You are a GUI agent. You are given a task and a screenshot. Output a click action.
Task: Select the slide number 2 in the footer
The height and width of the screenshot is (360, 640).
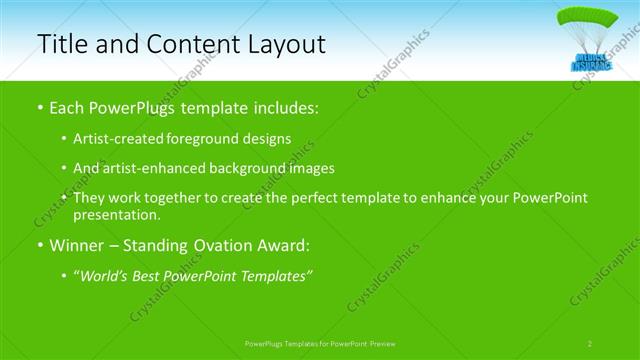click(x=590, y=343)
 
